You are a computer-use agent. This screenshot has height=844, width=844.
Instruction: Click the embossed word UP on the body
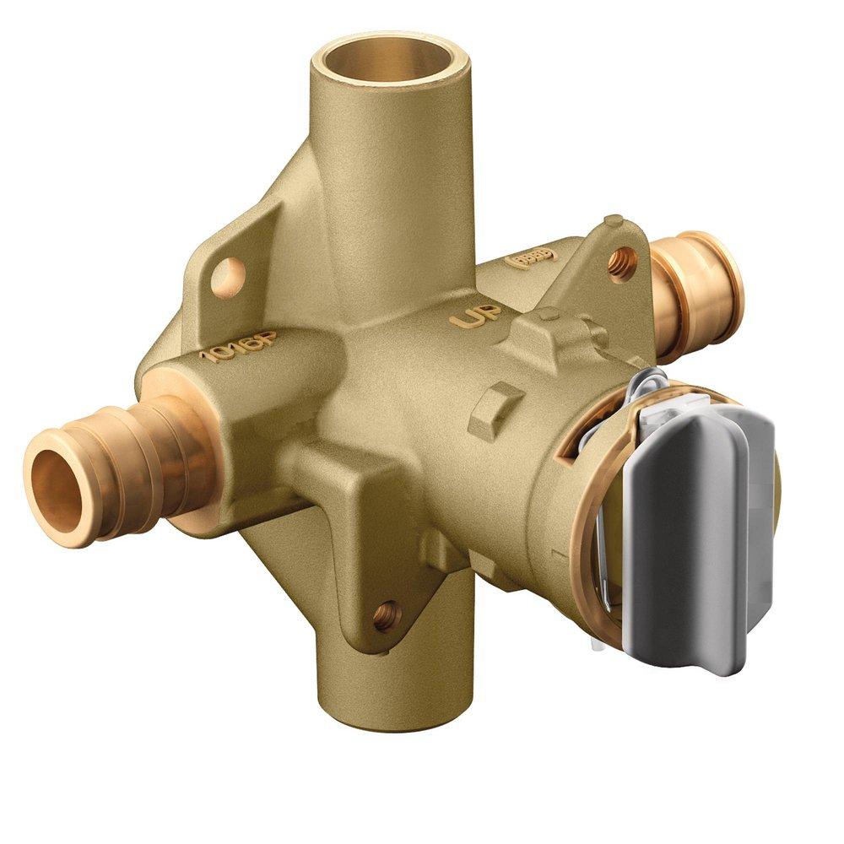tap(475, 316)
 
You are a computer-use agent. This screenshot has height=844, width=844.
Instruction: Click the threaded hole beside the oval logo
tap(619, 257)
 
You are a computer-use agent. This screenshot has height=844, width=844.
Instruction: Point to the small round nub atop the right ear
tap(614, 222)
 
